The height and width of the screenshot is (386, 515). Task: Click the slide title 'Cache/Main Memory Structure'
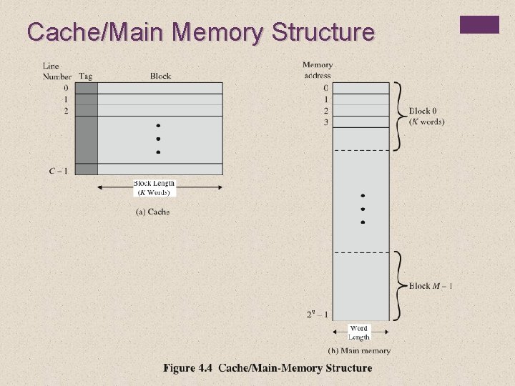coord(200,32)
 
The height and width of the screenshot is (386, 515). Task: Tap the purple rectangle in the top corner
coord(479,24)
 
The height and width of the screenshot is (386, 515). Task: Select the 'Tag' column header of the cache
coord(86,76)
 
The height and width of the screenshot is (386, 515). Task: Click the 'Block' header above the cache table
coord(160,76)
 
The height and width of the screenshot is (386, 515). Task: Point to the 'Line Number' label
coord(56,71)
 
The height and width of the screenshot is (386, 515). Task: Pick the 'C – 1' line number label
coord(59,170)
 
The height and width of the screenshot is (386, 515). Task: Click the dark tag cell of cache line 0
coord(87,88)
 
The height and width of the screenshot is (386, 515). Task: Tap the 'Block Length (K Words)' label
coord(154,188)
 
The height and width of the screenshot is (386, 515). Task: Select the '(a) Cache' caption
coord(152,212)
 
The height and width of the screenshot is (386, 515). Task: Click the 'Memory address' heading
coord(318,70)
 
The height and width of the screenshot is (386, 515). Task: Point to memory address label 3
coord(325,122)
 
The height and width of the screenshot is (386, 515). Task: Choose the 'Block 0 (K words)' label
coord(426,117)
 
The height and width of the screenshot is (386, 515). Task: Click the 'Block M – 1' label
coord(431,286)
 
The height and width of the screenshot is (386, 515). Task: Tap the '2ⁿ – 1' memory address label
coord(318,313)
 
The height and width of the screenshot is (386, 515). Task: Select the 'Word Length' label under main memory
coord(359,333)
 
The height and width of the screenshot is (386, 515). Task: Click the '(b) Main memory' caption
coord(359,350)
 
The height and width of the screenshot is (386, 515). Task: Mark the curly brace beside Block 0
coord(398,117)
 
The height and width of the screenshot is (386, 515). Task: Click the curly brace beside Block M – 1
coord(398,286)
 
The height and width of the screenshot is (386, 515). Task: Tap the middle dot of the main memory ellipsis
coord(363,209)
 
